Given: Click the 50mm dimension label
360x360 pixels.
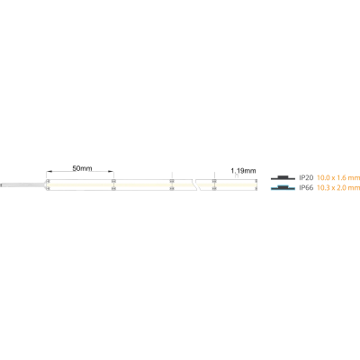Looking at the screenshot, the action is point(82,168).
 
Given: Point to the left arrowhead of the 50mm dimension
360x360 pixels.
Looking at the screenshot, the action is point(49,172).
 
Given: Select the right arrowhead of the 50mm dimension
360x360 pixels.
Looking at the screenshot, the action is point(112,172).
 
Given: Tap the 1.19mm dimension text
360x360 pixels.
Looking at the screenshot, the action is point(243,171).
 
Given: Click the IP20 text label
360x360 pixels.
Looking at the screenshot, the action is point(306,178).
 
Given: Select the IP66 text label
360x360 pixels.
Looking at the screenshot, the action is point(306,188).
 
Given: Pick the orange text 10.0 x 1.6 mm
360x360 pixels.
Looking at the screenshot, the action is point(338,178).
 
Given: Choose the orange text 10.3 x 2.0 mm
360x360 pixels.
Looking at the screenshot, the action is point(338,188).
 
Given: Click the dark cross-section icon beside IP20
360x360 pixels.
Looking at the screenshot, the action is point(283,177).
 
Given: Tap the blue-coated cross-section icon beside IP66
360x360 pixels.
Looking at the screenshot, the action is point(283,187).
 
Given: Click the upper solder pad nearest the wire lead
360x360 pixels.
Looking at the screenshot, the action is point(48,181).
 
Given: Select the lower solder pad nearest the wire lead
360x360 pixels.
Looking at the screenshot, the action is point(48,189).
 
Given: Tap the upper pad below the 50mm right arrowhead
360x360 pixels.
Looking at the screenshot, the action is point(113,181).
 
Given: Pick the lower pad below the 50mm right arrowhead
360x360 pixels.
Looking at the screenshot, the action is point(113,189).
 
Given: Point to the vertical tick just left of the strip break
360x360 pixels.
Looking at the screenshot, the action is point(172,175).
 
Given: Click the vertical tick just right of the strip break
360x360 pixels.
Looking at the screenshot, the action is point(214,175).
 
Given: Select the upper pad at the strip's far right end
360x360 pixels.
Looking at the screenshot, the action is point(256,181).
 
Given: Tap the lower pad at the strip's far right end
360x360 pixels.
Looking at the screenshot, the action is point(256,189).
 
